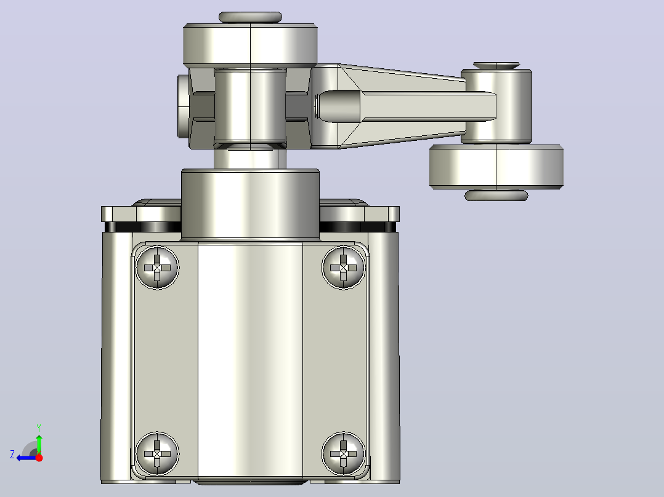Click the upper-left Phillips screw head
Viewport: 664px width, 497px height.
(x=157, y=268)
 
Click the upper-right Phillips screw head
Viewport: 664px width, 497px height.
(x=344, y=268)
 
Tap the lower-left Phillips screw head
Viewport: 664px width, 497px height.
(x=157, y=453)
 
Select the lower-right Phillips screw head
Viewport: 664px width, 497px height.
(x=344, y=453)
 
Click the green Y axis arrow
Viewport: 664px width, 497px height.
(x=39, y=443)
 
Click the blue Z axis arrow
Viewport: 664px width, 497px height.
(x=27, y=458)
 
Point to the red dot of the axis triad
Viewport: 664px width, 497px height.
(x=39, y=458)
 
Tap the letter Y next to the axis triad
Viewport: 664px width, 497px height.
(x=39, y=427)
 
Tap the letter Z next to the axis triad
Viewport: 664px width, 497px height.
(x=12, y=455)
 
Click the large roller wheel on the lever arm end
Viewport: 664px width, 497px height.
(x=496, y=167)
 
